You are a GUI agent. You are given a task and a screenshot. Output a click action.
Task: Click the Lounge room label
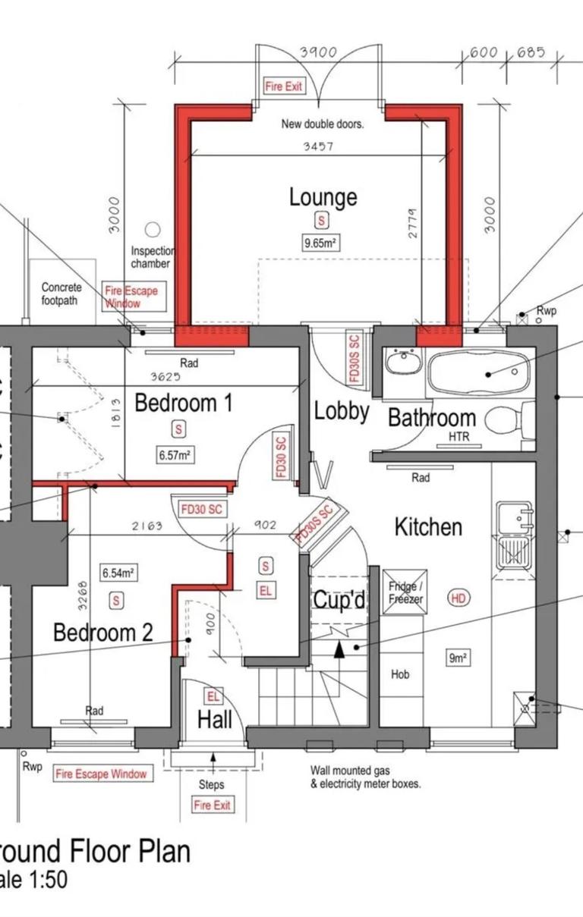[323, 197]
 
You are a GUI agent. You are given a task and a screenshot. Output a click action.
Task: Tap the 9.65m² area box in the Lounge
[320, 243]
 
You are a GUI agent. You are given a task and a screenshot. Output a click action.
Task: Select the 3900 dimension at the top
[318, 52]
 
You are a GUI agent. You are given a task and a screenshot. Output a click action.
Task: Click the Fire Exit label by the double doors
[283, 86]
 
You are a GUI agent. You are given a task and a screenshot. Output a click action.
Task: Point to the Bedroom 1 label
[183, 403]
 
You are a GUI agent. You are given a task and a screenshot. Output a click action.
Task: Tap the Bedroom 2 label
[103, 632]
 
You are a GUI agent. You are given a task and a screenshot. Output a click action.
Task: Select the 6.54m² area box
[118, 572]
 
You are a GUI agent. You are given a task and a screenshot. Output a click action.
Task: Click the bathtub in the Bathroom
[477, 372]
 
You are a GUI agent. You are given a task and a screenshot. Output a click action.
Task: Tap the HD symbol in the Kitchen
[459, 598]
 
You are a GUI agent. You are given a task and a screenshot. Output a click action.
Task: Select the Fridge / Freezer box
[405, 592]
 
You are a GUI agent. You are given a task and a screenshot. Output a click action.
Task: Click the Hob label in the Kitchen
[400, 674]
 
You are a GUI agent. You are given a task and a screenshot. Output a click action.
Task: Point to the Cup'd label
[340, 601]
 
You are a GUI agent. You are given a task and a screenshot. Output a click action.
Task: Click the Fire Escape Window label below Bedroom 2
[100, 774]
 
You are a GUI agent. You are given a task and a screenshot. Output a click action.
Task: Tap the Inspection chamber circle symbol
[153, 228]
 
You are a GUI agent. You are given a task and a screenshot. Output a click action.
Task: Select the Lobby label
[342, 412]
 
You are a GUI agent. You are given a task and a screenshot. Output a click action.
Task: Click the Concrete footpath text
[60, 294]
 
